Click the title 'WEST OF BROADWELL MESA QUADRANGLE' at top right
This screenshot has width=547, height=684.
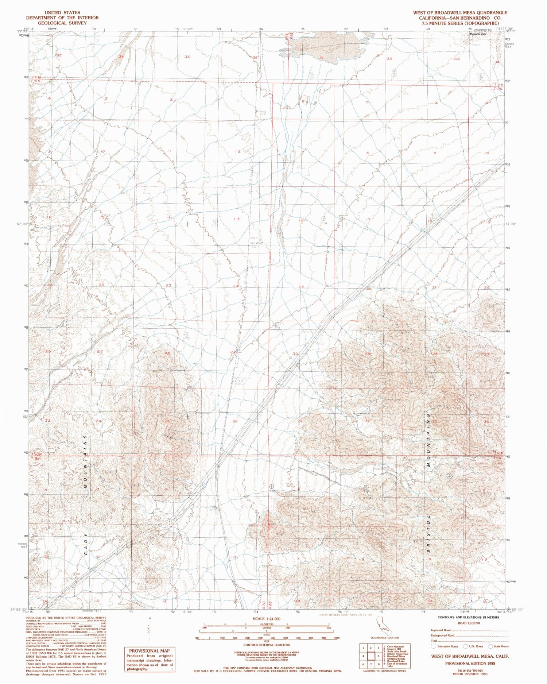pos(460,12)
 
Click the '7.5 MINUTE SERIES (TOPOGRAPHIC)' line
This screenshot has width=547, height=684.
pos(460,23)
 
